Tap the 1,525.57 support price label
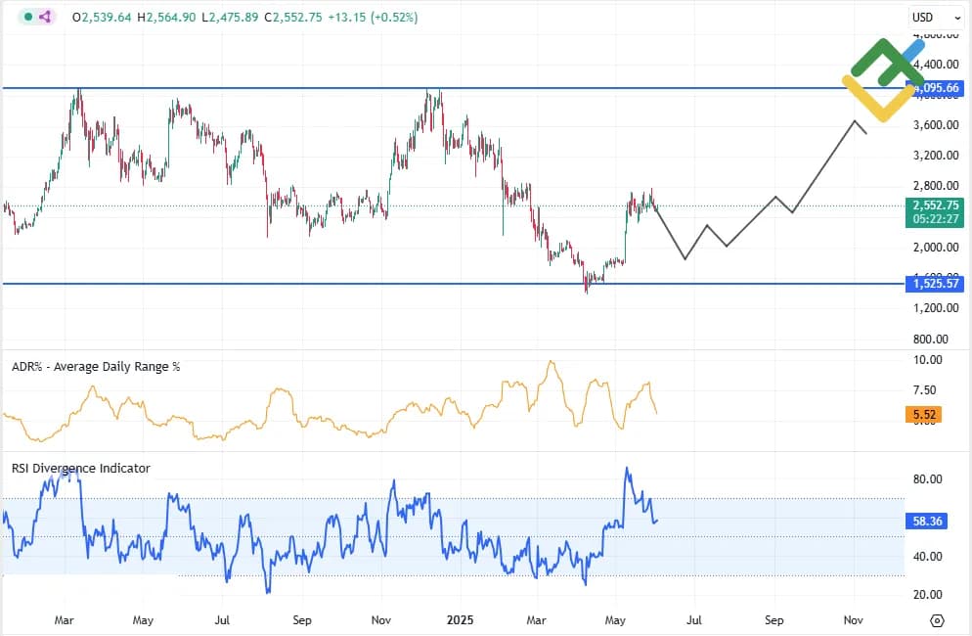[x=935, y=284]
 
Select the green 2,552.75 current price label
[x=935, y=206]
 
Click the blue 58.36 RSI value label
[x=927, y=522]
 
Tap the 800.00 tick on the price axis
[x=933, y=339]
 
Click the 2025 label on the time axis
[x=460, y=619]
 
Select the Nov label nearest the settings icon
[x=854, y=619]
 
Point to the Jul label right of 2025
[x=694, y=619]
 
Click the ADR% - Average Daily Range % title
[x=96, y=366]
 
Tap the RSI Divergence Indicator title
[x=81, y=469]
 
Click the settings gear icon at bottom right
[x=937, y=620]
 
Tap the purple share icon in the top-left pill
[x=46, y=17]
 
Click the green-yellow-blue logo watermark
[x=882, y=79]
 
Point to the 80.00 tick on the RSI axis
[x=927, y=479]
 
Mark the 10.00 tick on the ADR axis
[x=927, y=360]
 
